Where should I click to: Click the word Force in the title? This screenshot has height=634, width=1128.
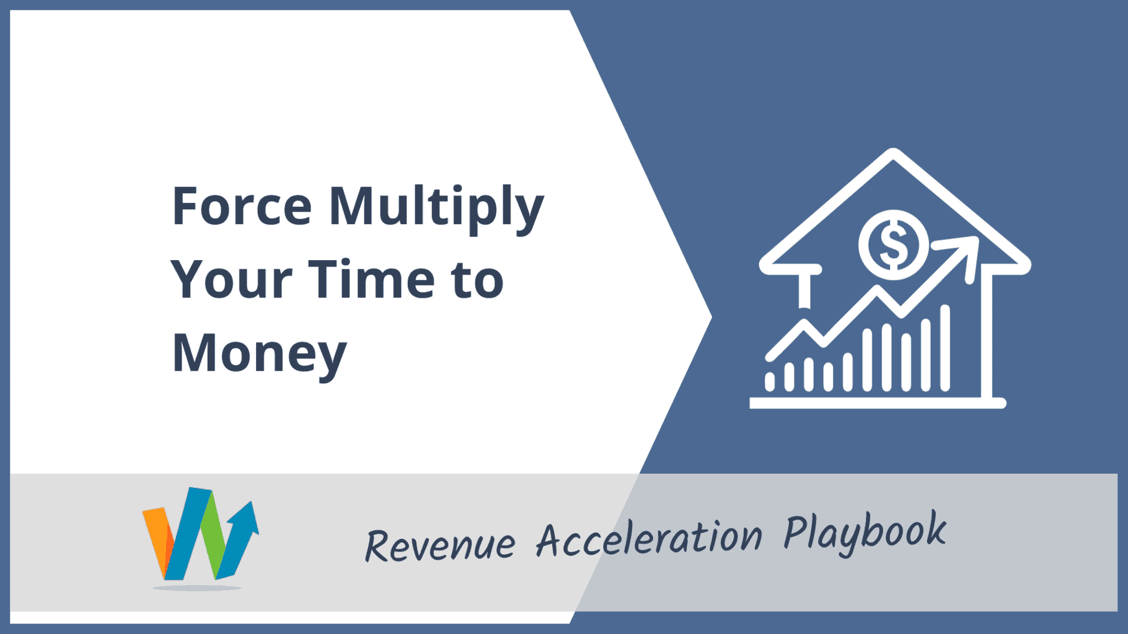[242, 206]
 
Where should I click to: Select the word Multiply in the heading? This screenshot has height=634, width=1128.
[436, 209]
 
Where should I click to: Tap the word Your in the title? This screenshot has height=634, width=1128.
[231, 279]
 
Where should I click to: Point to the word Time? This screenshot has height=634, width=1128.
[372, 279]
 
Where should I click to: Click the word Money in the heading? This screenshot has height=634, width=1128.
[259, 355]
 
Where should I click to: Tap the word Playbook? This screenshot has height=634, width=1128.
[865, 532]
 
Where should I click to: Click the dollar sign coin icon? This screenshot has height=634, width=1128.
[893, 245]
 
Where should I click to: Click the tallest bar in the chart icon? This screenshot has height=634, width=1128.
[945, 348]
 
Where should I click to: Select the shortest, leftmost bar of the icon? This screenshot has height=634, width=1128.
[770, 382]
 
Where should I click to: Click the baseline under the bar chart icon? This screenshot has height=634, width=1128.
[878, 404]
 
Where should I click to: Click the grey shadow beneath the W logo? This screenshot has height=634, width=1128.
[197, 587]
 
